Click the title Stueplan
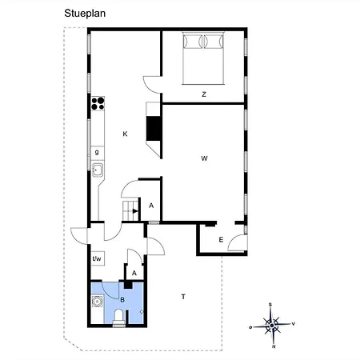tap(85, 14)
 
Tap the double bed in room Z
tap(203, 58)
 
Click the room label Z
tap(204, 94)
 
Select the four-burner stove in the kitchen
tap(98, 103)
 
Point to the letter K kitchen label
tap(125, 134)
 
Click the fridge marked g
tap(98, 153)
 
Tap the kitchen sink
tap(98, 170)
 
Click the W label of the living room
tap(204, 158)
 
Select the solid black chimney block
tap(153, 128)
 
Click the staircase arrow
tap(136, 211)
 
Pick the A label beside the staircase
tap(151, 206)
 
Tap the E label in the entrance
tap(221, 240)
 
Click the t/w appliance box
tap(98, 258)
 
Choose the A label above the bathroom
tap(134, 273)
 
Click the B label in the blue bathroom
tap(122, 300)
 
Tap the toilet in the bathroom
tap(118, 318)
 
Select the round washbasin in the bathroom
tap(97, 302)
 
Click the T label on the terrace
tap(183, 297)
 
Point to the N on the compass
tap(274, 346)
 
